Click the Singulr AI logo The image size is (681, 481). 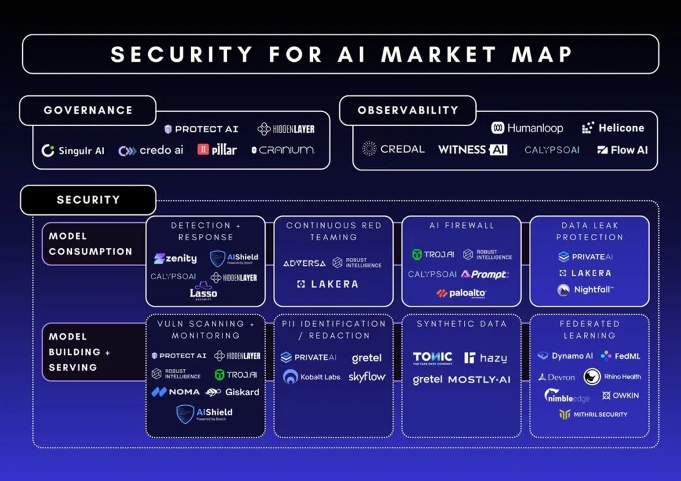point(73,151)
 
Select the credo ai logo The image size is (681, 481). point(151,151)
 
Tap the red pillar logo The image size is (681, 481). point(217,149)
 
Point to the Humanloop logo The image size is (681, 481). point(527,128)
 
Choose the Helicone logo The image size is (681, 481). point(613,128)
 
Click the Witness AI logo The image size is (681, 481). point(472,149)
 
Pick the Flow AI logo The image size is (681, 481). point(622,150)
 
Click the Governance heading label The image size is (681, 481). point(88,110)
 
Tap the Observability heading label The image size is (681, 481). point(407,110)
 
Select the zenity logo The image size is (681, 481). point(175,258)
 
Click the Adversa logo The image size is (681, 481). point(304,263)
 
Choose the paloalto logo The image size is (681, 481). point(462,293)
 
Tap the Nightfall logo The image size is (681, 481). point(585,290)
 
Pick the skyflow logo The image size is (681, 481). point(367,377)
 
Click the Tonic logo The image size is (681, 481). point(433,358)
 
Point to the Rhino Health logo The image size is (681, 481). point(612,377)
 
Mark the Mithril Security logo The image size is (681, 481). point(593,414)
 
